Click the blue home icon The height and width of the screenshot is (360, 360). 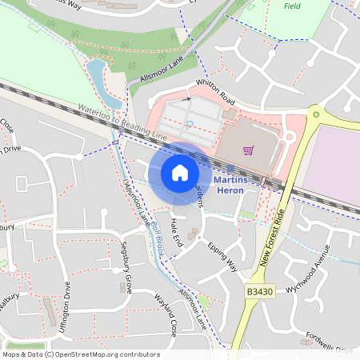coord(180,173)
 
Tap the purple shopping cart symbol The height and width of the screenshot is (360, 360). coord(249,150)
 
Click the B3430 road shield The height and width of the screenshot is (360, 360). coord(259,294)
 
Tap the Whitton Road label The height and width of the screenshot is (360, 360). coord(214,94)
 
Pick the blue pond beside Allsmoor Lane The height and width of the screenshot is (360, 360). coord(96,76)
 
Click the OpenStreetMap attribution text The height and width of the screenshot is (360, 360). coord(81,354)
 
